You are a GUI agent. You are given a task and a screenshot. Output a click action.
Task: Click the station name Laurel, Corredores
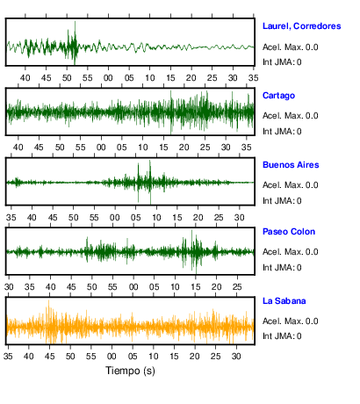tap(302, 26)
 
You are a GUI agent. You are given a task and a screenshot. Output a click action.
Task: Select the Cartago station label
tap(278, 96)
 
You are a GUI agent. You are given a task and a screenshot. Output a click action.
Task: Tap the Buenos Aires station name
tap(291, 165)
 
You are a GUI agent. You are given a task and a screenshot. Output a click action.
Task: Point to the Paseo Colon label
tap(289, 232)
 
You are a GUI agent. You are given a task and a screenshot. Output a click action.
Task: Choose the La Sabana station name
tap(284, 301)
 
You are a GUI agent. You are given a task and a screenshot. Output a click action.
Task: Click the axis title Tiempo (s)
tap(130, 371)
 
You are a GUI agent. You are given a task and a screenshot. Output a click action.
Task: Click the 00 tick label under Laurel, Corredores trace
tap(108, 78)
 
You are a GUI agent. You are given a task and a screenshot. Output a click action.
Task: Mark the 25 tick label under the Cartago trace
tap(205, 148)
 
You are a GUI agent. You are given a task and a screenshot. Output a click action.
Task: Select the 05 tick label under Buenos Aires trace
tap(135, 218)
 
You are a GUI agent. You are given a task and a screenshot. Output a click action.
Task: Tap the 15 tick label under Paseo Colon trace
tap(196, 287)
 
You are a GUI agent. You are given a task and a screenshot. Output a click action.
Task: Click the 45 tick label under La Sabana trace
tap(49, 357)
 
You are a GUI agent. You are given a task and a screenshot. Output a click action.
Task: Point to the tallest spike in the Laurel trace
tap(75, 22)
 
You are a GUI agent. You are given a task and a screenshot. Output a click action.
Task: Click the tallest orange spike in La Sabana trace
tap(48, 301)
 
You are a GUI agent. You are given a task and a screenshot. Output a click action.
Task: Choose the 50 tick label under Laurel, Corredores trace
tap(67, 78)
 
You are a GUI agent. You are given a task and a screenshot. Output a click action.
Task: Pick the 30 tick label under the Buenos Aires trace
tap(240, 218)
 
